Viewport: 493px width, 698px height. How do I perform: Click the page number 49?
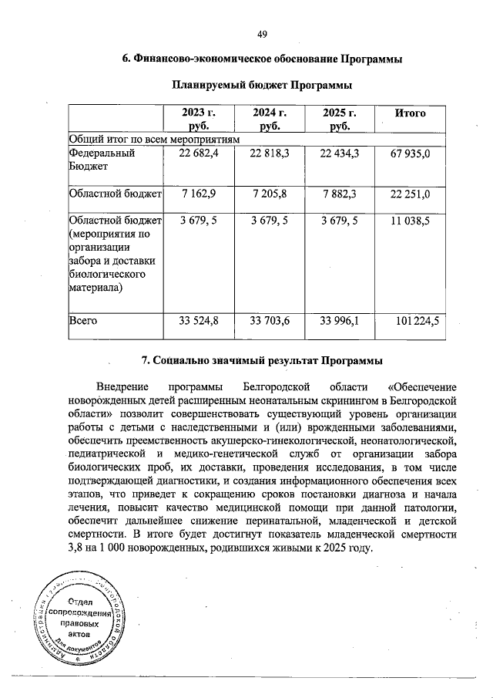262,33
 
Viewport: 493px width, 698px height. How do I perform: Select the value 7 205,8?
270,193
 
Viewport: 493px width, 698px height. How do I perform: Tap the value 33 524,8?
199,321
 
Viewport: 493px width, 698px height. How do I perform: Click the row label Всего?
82,321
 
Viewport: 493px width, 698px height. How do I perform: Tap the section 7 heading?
262,361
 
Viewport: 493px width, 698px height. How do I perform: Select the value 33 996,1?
340,321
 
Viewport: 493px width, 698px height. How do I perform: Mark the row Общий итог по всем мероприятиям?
154,139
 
